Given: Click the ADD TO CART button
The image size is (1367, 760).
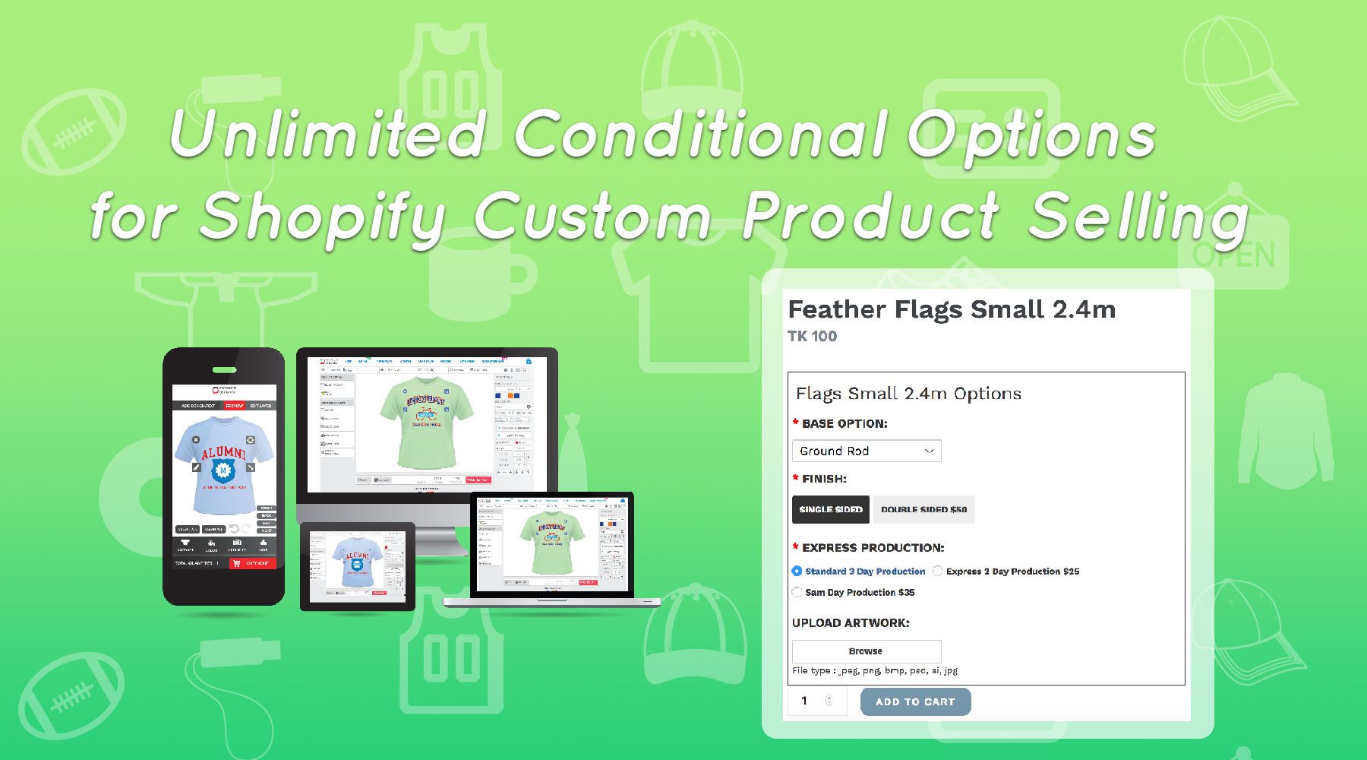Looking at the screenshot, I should coord(915,701).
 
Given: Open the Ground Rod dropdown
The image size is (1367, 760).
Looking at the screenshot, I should coord(866,451).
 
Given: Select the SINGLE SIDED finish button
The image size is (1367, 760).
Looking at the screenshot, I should coord(830,509).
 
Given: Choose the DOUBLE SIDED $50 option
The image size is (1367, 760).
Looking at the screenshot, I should coord(923,509).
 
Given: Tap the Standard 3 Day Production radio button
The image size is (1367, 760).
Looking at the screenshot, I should coord(797,571).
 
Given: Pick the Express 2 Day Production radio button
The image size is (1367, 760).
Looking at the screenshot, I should coord(938,571).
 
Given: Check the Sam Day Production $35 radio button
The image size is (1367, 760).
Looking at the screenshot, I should coord(797,592).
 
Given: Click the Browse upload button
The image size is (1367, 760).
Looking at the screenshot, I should coord(866,651).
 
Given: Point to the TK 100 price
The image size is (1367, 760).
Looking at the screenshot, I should coord(812,336).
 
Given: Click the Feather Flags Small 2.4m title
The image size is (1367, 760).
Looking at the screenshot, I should coord(952,309).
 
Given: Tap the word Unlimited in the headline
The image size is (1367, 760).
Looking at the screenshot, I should coord(327,135).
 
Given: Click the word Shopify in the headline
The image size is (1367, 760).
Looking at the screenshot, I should coord(322,217).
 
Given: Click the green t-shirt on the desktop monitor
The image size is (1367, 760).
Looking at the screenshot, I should coord(425,423).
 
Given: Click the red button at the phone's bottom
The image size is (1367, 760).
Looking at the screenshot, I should coord(252,563).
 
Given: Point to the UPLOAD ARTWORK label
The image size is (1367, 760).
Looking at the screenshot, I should coord(851,622).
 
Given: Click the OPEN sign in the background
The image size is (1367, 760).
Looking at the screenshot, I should coord(1233,255).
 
